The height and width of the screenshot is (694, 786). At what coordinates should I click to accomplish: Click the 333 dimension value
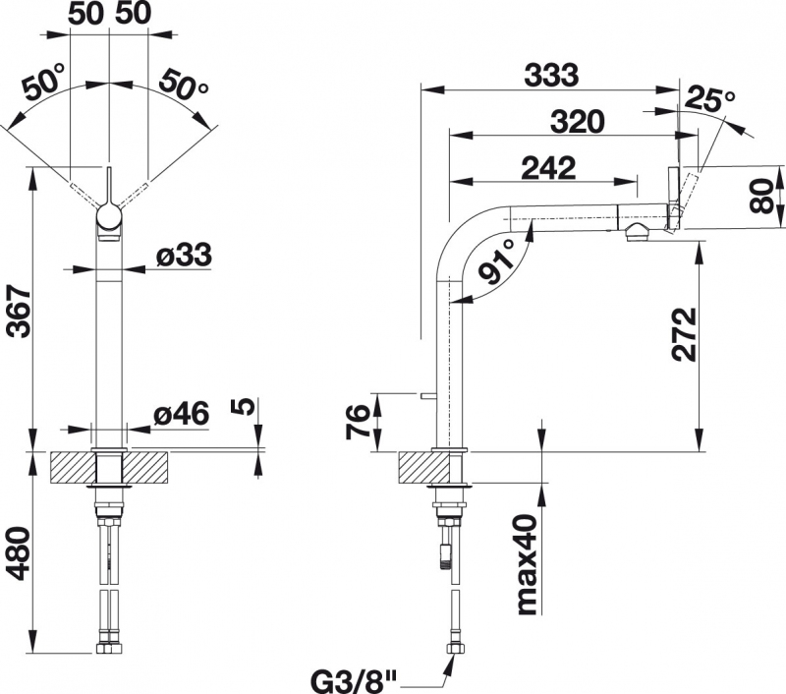click(551, 75)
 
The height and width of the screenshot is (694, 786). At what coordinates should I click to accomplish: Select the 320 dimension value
click(578, 121)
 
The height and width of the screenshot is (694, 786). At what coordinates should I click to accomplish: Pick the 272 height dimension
click(684, 334)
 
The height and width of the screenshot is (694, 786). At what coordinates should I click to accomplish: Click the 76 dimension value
click(358, 423)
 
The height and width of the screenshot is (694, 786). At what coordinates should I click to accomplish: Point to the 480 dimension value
click(19, 553)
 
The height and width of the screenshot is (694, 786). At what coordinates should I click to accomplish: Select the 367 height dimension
click(19, 311)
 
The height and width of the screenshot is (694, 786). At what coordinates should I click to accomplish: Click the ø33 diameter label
click(184, 255)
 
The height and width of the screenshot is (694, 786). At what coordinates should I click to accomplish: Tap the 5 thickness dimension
click(242, 408)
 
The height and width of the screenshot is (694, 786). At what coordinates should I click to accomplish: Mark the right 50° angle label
click(183, 84)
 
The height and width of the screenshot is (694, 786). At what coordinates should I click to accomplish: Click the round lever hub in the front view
click(108, 217)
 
